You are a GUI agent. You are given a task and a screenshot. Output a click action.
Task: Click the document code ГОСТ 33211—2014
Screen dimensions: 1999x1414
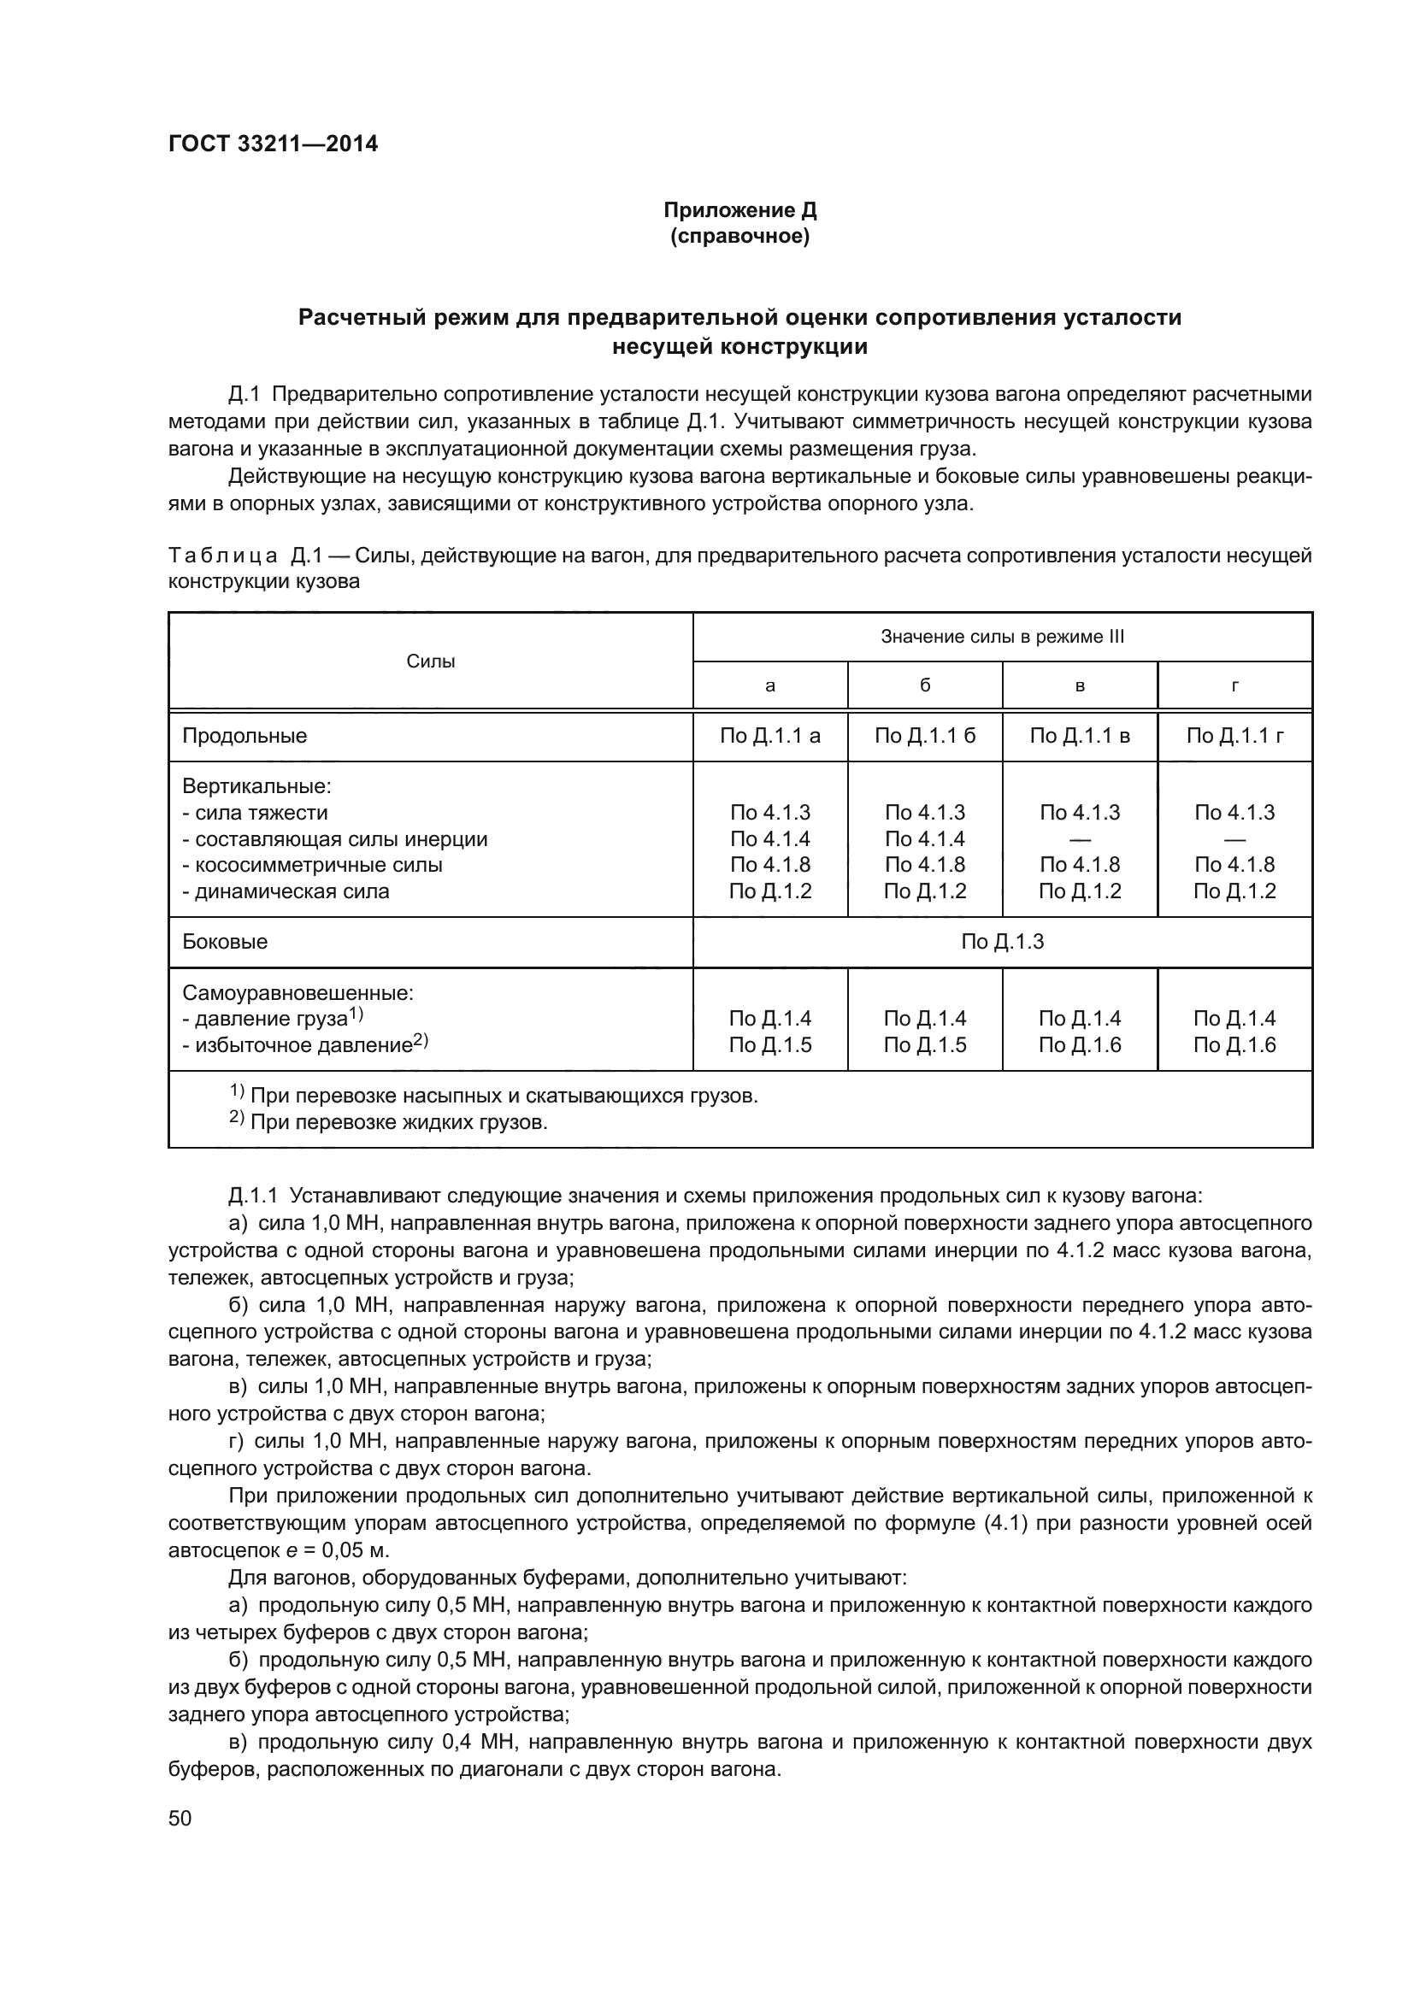273,144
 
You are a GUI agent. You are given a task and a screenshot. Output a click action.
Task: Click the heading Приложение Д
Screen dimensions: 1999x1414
739,210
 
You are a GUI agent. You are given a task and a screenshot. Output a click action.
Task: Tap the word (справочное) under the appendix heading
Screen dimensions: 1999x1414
739,237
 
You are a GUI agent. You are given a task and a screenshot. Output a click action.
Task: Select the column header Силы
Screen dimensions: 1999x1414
431,661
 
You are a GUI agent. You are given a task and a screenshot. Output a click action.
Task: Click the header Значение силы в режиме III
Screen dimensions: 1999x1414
1002,637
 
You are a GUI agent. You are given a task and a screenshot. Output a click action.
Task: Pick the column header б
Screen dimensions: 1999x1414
925,686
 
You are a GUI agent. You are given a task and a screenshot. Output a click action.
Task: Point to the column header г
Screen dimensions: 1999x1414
1234,686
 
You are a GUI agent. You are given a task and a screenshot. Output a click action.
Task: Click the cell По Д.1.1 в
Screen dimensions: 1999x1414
1080,736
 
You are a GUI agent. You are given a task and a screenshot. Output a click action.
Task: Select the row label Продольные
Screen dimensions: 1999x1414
245,736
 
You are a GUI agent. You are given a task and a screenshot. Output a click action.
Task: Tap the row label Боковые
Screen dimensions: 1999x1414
225,942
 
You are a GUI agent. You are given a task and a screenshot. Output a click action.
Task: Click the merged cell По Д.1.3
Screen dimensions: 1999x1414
1002,942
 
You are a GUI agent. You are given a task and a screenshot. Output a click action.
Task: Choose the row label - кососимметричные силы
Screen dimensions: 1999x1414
313,866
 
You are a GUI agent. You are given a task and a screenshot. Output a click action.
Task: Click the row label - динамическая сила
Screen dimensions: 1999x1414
286,891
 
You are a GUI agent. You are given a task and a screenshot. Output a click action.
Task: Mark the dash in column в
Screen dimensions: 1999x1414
1080,839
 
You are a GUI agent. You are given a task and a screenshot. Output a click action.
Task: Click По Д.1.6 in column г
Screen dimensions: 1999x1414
1234,1044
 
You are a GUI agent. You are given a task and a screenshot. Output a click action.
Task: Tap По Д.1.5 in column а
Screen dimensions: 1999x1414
769,1044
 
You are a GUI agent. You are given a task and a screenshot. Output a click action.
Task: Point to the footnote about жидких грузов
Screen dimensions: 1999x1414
389,1122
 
